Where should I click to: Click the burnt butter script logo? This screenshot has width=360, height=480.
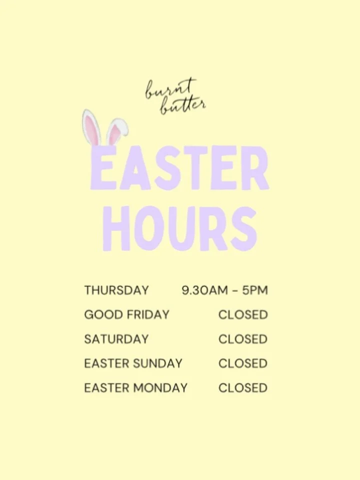[x=175, y=96]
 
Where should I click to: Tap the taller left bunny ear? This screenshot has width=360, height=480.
[x=91, y=128]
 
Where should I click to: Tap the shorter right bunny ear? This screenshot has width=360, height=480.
[x=116, y=130]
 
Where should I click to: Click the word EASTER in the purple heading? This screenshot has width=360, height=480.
[x=179, y=168]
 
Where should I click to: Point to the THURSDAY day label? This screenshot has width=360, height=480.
[x=116, y=290]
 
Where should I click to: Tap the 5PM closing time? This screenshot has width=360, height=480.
[x=254, y=290]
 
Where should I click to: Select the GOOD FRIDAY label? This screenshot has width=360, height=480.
[x=126, y=315]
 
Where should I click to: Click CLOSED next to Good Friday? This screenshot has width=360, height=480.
[x=243, y=315]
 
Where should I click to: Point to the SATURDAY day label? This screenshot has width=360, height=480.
[x=116, y=339]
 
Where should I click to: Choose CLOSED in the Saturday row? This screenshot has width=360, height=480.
[x=243, y=339]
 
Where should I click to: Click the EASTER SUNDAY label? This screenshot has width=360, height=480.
[x=133, y=363]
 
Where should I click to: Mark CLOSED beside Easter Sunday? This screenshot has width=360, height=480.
[x=243, y=363]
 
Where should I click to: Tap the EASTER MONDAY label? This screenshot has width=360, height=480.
[x=136, y=387]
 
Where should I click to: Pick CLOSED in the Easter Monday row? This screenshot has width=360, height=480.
[x=243, y=387]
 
